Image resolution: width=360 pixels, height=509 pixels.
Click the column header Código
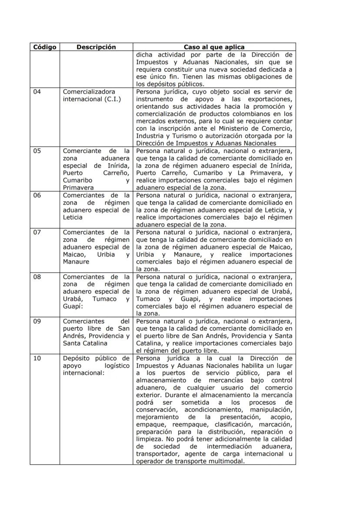tap(45, 47)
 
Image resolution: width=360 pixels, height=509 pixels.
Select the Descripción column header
tap(96, 47)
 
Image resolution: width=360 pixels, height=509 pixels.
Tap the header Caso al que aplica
tap(214, 47)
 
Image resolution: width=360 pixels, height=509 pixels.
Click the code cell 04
tap(37, 92)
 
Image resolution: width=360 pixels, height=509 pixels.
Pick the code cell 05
tap(37, 151)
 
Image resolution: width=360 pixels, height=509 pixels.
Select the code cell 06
tap(37, 195)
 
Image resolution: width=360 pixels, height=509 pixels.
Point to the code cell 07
tap(37, 232)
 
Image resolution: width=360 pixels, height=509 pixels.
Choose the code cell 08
tap(37, 276)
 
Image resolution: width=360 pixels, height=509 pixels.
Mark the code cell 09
tap(37, 321)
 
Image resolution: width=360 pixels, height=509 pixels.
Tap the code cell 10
tap(37, 358)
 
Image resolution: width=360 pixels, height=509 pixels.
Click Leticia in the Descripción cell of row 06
tap(73, 217)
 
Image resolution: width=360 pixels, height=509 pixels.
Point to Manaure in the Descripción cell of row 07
tap(76, 262)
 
